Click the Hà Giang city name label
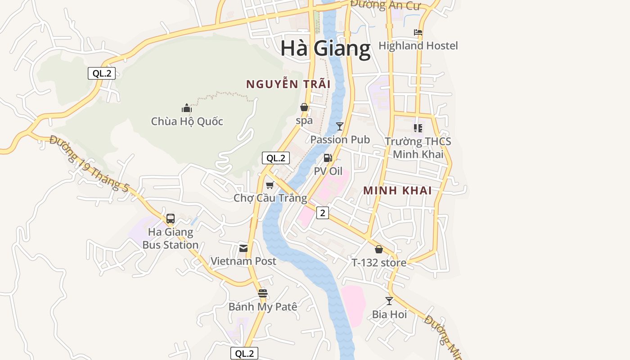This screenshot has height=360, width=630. tap(325, 48)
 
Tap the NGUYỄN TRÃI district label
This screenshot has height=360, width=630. tap(288, 84)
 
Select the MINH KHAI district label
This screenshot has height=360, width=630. tap(397, 190)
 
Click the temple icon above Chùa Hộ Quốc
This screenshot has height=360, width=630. tap(187, 108)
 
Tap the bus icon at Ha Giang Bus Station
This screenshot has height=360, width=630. tap(171, 219)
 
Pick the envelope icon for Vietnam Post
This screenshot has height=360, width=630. tap(243, 248)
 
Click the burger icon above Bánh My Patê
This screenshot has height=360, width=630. tap(263, 293)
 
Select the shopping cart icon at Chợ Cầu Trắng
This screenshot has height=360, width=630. tap(270, 185)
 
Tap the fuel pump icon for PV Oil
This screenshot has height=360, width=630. tap(328, 158)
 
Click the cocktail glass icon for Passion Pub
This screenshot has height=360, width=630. tap(340, 126)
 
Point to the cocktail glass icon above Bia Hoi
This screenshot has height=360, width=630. tap(389, 301)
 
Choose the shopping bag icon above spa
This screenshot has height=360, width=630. tap(304, 107)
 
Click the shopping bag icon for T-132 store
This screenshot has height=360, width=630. tap(379, 249)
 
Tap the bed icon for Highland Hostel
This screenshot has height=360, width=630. tap(418, 32)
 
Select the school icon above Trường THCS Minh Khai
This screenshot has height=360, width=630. tap(418, 128)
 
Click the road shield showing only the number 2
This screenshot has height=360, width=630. tap(322, 212)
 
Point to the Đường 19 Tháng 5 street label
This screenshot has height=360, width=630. tap(89, 164)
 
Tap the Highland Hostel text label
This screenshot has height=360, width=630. tap(418, 45)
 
